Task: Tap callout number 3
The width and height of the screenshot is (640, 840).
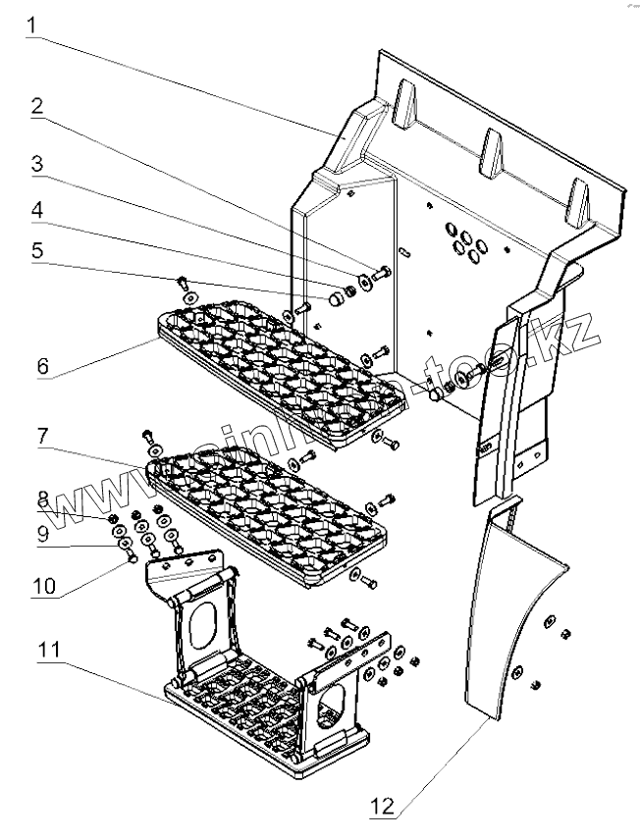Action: [x=34, y=164]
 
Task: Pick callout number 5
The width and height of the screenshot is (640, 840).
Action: [x=34, y=249]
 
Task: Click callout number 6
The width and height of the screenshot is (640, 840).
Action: [x=42, y=365]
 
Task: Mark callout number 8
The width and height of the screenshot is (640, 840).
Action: [x=42, y=498]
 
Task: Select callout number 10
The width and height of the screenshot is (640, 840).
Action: [x=42, y=587]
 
